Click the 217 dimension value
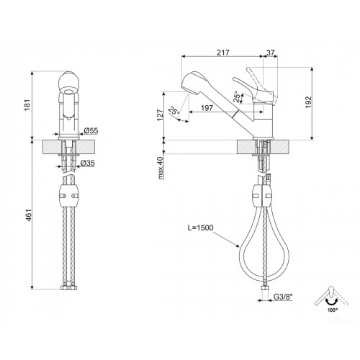(223, 53)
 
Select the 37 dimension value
(270, 53)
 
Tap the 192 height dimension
(308, 102)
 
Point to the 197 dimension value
(207, 108)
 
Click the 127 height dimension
(161, 115)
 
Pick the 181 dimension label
(28, 105)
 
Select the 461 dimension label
(29, 215)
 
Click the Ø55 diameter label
(91, 130)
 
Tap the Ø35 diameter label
(87, 163)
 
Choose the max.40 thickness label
(161, 168)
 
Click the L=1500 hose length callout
(200, 228)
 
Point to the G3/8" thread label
(283, 297)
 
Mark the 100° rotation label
(333, 310)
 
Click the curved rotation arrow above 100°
(331, 302)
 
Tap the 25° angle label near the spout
(174, 111)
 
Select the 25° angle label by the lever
(237, 97)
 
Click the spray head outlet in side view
(186, 89)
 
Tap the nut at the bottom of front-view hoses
(69, 287)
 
